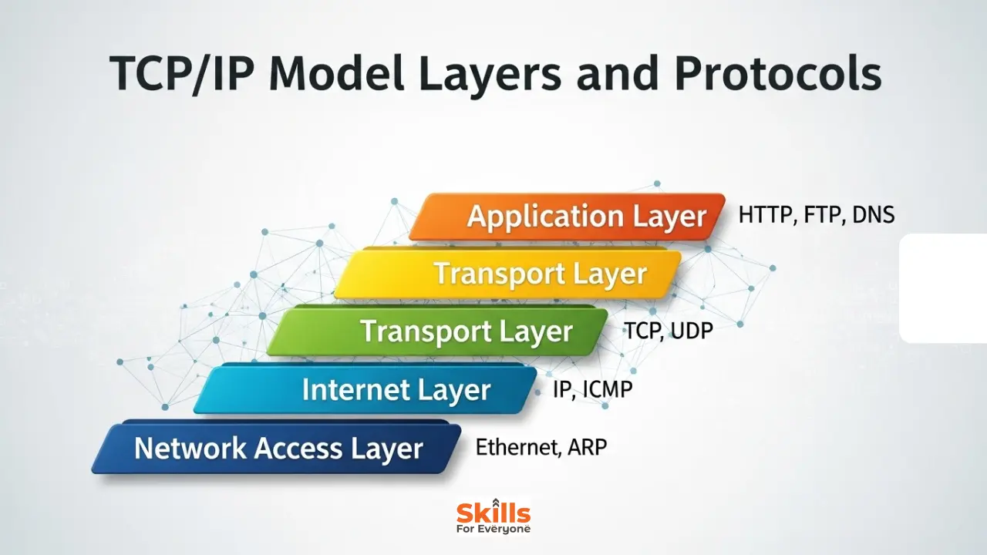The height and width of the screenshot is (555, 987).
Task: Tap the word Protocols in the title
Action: pos(778,76)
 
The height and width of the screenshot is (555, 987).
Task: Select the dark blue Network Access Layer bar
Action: pos(278,448)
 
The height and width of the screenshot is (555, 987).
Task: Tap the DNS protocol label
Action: pos(873,215)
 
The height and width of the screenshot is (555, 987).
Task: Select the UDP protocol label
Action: pos(692,331)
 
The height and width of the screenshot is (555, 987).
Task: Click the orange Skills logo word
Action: pos(493,512)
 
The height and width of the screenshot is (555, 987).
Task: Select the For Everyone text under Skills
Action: pos(493,529)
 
